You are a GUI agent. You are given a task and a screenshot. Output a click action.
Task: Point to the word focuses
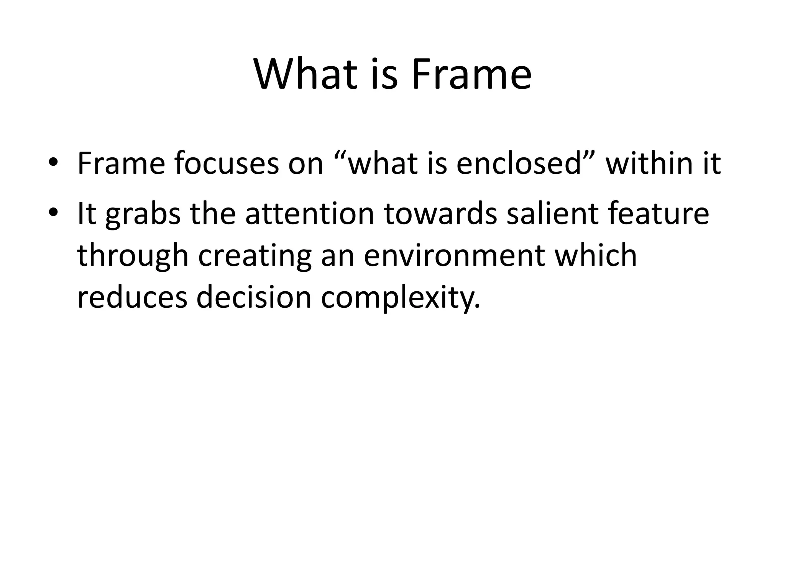click(x=227, y=164)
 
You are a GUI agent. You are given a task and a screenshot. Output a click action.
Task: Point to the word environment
click(x=454, y=256)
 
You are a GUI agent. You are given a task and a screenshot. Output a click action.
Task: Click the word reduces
click(x=132, y=298)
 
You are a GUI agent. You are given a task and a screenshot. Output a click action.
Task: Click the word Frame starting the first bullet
click(x=121, y=164)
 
